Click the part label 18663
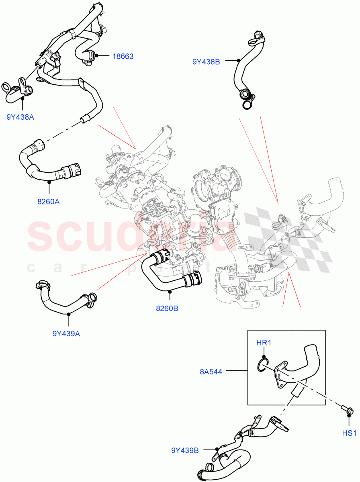123,57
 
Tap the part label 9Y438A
20,117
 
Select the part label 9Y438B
206,62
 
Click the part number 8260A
48,202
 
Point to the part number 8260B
167,308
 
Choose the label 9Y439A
66,333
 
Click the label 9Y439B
185,450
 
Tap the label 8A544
211,372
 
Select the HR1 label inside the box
264,343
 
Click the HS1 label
349,433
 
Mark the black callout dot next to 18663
97,57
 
